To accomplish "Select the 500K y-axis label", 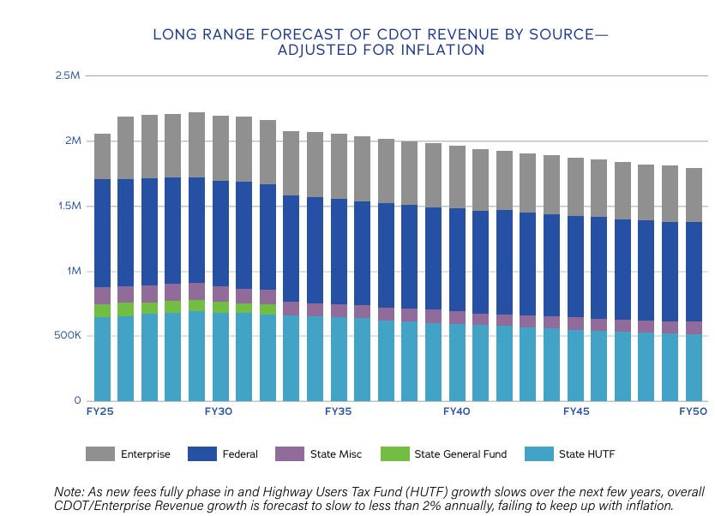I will (66, 335).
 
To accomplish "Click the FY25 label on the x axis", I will (100, 412).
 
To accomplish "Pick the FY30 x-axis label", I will (219, 412).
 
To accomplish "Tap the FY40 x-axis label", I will (457, 412).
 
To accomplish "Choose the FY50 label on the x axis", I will (694, 412).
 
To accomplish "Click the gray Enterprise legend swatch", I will (100, 454).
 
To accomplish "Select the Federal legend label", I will (239, 454).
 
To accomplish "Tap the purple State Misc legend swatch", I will (291, 454).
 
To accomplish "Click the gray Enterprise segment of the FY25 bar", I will (102, 156).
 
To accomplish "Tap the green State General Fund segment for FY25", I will (102, 310).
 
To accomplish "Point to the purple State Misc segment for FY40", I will (457, 317).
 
